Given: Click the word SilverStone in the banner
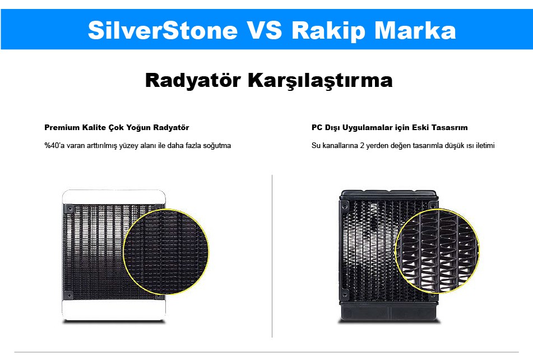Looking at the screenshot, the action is [163, 30].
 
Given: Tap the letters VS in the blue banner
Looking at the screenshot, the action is [264, 30].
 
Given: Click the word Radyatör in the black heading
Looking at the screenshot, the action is [193, 80].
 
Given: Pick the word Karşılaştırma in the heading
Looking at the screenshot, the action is [320, 81].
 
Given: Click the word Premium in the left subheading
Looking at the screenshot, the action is [62, 127].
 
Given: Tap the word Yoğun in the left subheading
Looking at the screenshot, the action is [138, 128].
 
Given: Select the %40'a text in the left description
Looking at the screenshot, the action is [54, 145].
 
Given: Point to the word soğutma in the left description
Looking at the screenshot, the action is [217, 146].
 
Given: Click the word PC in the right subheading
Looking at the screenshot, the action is [317, 127].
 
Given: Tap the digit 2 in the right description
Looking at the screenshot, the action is [362, 145].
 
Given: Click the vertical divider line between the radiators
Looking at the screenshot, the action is [272, 256].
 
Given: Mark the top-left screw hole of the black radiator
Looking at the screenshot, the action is [345, 206].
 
